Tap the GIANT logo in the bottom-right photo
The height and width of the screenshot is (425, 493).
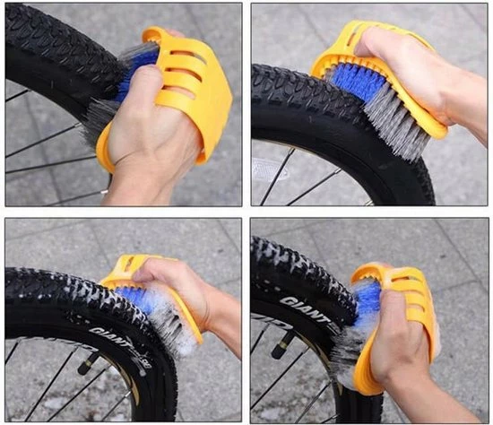point(304,309)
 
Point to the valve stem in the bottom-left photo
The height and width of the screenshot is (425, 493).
point(87,364)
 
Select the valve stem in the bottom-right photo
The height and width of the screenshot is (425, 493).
point(281,345)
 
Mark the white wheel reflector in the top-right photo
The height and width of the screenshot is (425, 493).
point(270,169)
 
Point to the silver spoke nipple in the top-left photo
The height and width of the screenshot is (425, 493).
point(105,191)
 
